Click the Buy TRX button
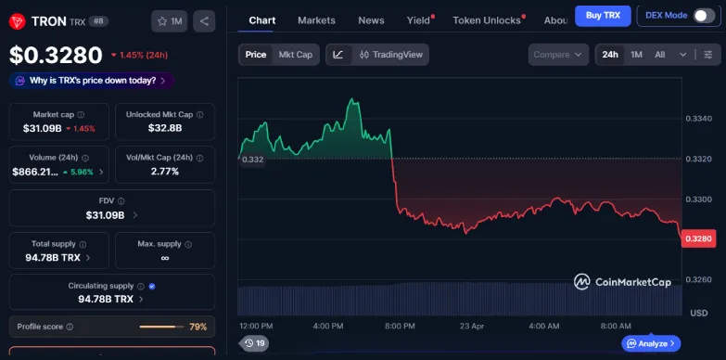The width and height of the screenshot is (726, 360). tap(603, 16)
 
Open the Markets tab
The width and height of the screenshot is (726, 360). tap(316, 20)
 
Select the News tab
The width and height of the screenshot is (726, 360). tap(371, 20)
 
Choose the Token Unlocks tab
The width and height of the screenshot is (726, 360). tap(487, 20)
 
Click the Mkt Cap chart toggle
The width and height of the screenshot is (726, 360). tap(296, 55)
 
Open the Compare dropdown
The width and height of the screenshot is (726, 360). tap(558, 55)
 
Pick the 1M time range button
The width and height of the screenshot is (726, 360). tap(636, 55)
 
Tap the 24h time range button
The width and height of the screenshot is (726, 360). tap(610, 55)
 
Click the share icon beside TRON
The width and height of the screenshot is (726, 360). tap(204, 20)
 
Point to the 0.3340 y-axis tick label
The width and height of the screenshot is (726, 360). tap(698, 119)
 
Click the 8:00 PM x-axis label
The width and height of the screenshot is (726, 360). tap(399, 326)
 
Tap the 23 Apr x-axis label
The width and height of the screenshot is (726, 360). tap(472, 326)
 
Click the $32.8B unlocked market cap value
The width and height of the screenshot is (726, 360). tap(164, 128)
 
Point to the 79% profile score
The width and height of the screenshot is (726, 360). tap(197, 327)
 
